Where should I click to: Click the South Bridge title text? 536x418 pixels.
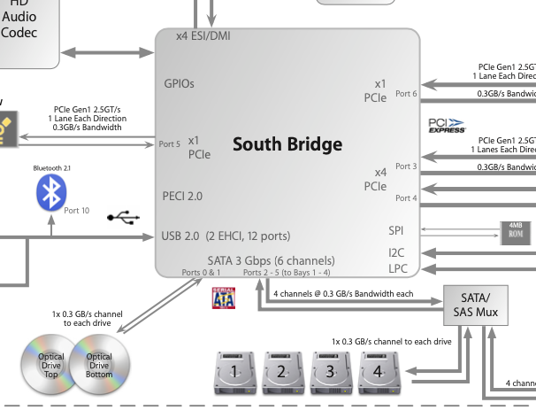point(287,143)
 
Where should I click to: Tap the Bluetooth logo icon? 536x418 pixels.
point(50,193)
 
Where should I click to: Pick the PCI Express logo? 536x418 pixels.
point(447,125)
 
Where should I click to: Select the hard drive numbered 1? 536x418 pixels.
point(234,372)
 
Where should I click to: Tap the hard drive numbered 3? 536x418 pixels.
point(330,372)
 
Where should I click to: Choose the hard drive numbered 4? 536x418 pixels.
point(378,372)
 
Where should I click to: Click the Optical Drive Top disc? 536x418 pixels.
point(48,363)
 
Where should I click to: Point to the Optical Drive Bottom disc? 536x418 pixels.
point(100,363)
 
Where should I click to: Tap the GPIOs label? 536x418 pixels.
point(179,84)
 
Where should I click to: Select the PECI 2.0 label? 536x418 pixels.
point(182,196)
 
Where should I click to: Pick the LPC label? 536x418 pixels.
point(397,268)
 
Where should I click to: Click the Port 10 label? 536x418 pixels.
point(77,210)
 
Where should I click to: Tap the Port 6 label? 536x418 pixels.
point(406,93)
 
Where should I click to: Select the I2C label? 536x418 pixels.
point(397,252)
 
